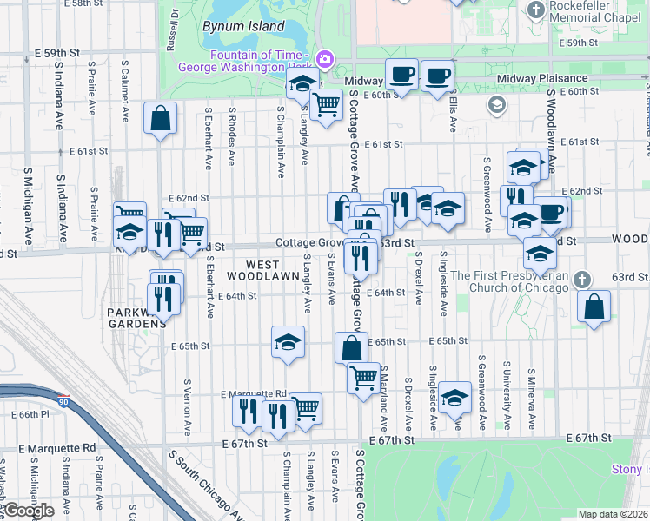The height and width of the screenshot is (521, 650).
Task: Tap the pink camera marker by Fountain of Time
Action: point(324,59)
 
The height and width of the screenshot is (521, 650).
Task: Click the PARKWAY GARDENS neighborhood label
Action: point(136,318)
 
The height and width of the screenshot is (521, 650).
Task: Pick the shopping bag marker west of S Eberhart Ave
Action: point(161,118)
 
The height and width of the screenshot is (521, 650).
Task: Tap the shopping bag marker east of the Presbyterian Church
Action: point(594,307)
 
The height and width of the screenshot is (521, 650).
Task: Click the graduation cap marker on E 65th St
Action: point(288,342)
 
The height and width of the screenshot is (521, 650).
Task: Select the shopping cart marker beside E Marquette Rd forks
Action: point(306,407)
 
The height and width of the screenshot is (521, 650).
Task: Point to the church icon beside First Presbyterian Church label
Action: point(583,280)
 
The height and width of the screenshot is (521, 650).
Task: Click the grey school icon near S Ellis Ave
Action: point(496,106)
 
